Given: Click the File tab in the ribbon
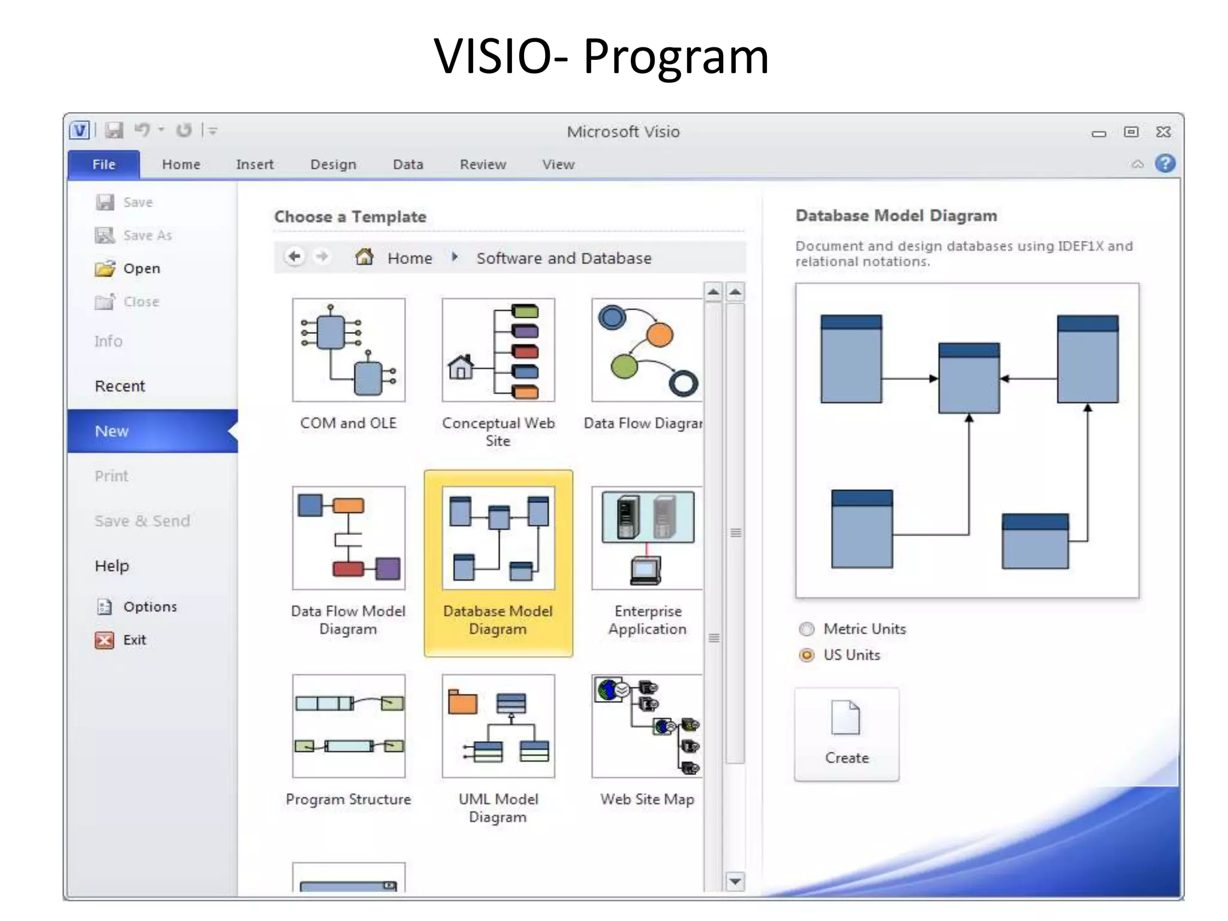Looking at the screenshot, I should click(x=104, y=164).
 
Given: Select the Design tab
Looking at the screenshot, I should click(x=333, y=164).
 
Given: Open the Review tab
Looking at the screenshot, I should click(x=483, y=164).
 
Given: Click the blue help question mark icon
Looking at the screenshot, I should click(x=1164, y=163).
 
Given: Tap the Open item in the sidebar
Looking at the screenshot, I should click(x=142, y=269).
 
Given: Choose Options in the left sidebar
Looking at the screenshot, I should click(x=150, y=607).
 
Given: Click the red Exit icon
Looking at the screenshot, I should click(x=104, y=640).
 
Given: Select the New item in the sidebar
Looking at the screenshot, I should click(x=112, y=431).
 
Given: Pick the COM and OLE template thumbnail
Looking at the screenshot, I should click(x=348, y=350).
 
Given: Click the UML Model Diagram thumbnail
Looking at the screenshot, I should click(x=498, y=726).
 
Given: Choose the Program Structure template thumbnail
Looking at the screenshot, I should click(x=348, y=726).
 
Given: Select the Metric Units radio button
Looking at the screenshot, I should click(x=807, y=629).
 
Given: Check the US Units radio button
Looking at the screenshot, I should click(x=807, y=655).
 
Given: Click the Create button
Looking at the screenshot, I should click(x=847, y=735).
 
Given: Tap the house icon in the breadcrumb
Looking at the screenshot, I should click(x=365, y=257).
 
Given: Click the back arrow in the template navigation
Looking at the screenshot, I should click(x=294, y=257).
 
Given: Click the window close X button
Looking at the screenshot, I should click(x=1163, y=132).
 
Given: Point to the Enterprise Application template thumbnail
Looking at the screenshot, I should click(x=646, y=538).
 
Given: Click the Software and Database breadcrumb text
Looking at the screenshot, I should click(x=564, y=258).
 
